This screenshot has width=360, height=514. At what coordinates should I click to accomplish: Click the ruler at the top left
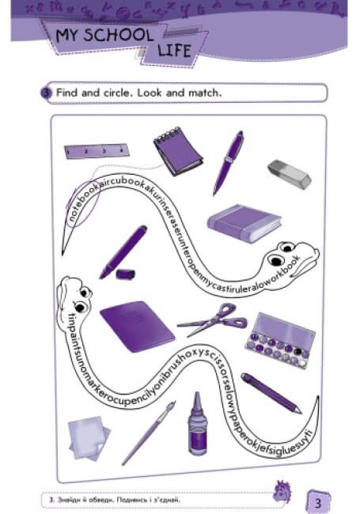(94, 149)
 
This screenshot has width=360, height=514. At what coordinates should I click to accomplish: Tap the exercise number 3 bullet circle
(45, 93)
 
